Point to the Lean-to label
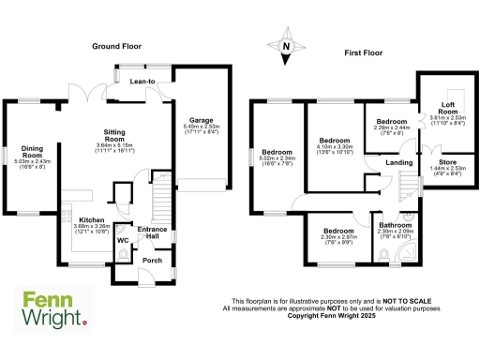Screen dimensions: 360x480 (141, 82)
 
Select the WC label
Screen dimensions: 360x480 (123, 241)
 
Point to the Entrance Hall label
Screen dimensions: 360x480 (152, 232)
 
